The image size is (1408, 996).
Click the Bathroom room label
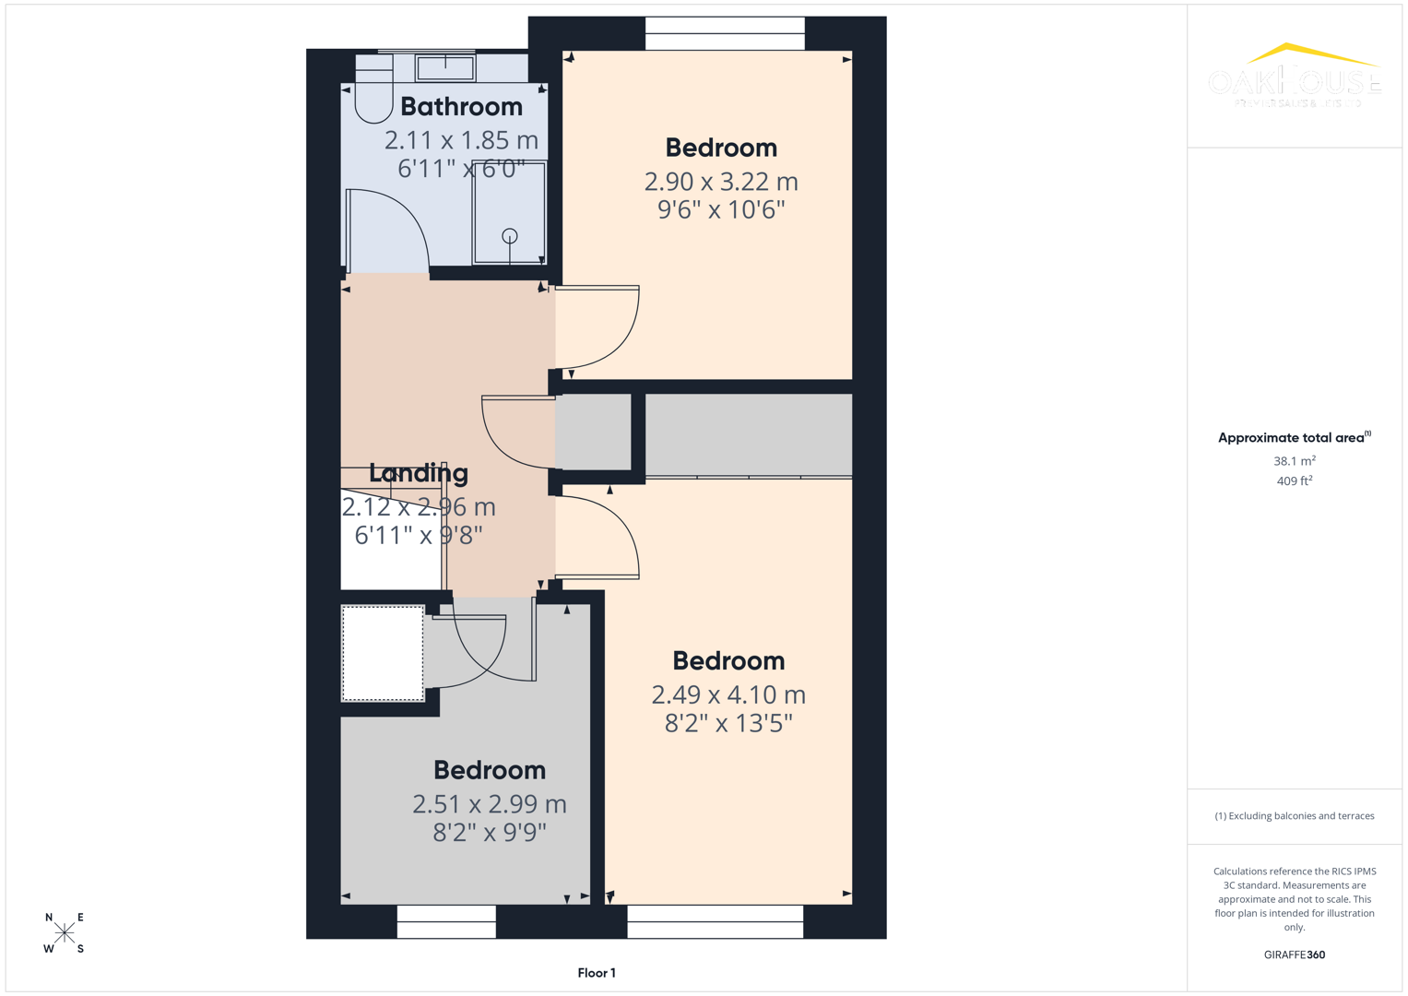click(x=461, y=107)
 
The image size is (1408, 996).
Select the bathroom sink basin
click(x=445, y=67)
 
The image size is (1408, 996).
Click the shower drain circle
click(x=509, y=236)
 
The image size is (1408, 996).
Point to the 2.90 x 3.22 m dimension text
click(x=720, y=182)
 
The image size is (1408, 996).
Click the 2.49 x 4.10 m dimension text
click(x=728, y=694)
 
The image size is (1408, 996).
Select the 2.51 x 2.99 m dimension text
click(x=489, y=804)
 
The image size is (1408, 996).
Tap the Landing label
click(x=419, y=473)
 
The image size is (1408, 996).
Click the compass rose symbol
click(x=65, y=932)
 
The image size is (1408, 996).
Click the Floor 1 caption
click(x=596, y=973)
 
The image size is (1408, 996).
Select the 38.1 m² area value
click(x=1294, y=461)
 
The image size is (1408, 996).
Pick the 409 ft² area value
click(x=1294, y=481)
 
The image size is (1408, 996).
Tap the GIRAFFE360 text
click(x=1294, y=955)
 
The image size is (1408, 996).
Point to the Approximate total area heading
click(x=1294, y=438)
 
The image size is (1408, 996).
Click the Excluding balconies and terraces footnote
click(x=1294, y=816)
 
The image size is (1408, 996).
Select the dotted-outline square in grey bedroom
click(x=383, y=653)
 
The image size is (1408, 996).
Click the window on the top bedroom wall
click(x=725, y=34)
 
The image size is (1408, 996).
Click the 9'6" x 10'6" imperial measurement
click(x=720, y=210)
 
